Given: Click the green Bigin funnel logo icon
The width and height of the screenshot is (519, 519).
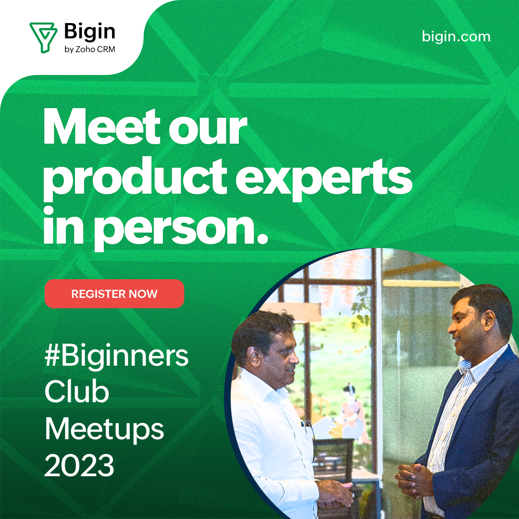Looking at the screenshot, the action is pos(43,37).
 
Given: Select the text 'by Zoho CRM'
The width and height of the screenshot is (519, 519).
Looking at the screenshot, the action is pos(90,49).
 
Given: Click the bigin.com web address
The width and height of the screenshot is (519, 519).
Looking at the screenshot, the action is pos(456,37).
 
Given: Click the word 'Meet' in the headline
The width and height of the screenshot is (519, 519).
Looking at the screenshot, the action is pos(102,127).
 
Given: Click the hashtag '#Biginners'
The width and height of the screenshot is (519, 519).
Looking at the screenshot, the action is pos(116,357).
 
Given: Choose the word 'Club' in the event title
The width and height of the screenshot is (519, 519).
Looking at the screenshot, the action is pos(77,392).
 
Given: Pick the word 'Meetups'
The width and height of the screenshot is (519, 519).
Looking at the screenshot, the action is pos(104,430).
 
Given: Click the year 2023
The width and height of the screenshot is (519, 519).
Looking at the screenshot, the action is pos(79,465).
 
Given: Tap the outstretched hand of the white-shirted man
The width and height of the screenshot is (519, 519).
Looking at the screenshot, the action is pos(335,493).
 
